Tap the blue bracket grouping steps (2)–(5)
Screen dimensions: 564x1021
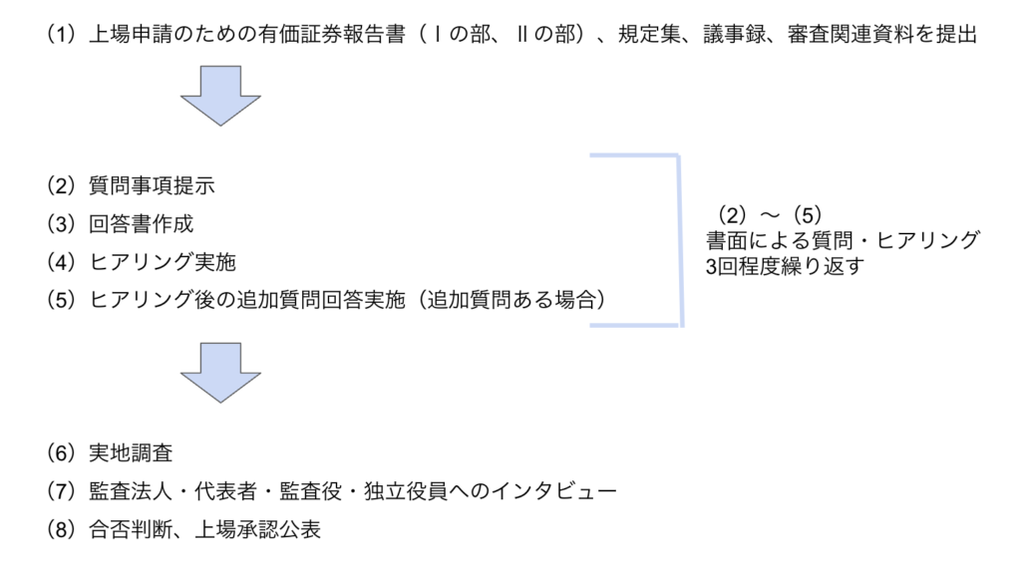point(678,240)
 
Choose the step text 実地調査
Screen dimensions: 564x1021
point(131,453)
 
